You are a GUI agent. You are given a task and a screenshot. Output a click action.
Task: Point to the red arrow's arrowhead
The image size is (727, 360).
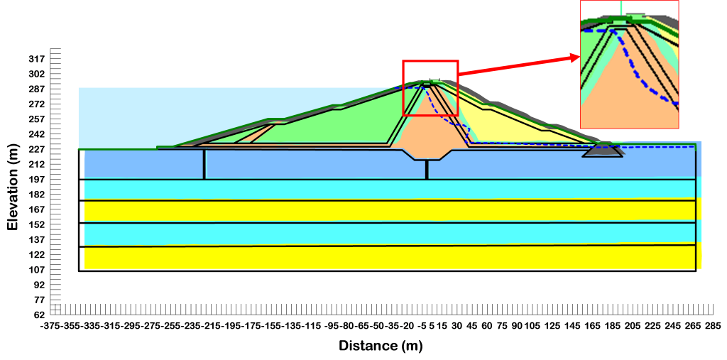pyautogui.click(x=576, y=58)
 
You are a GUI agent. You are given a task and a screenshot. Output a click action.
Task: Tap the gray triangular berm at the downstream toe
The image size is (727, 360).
pyautogui.click(x=603, y=151)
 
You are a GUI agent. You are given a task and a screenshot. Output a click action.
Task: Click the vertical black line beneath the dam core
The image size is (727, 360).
pyautogui.click(x=427, y=169)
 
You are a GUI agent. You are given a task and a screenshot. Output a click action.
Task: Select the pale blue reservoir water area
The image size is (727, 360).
pyautogui.click(x=114, y=117)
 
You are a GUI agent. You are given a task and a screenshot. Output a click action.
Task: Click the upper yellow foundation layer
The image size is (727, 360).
pyautogui.click(x=355, y=211)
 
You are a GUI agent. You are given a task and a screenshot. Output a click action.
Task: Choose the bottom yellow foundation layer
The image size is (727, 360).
pyautogui.click(x=355, y=257)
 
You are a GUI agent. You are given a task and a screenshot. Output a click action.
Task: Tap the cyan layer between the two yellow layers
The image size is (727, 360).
pyautogui.click(x=355, y=234)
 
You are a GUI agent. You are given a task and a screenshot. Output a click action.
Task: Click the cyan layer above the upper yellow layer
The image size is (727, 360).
pyautogui.click(x=355, y=190)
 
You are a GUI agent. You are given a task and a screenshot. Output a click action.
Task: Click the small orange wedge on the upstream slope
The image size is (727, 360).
pyautogui.click(x=259, y=134)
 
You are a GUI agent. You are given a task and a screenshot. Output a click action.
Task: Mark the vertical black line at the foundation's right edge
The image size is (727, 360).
pyautogui.click(x=695, y=213)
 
